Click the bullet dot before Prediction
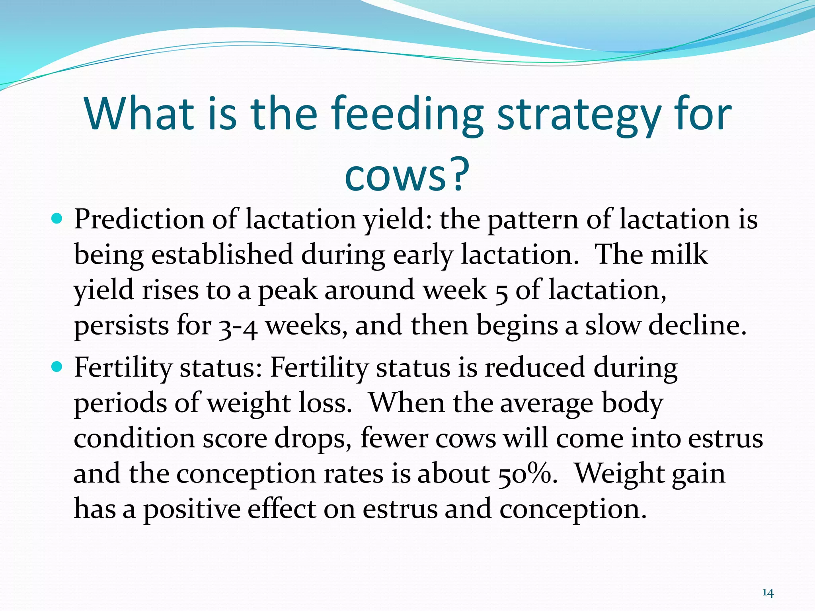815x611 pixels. pos(57,219)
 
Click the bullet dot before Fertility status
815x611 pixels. pos(57,367)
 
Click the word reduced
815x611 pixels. pos(534,368)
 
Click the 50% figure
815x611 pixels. pos(526,474)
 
